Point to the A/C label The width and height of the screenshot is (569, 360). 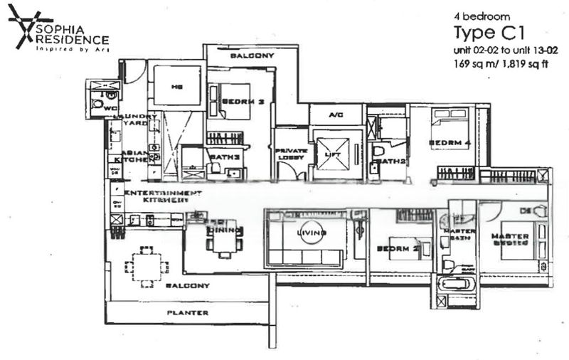click(x=336, y=114)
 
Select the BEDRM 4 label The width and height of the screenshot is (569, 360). click(x=446, y=143)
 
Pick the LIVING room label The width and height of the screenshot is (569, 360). click(x=312, y=232)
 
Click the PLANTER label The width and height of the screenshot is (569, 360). click(x=188, y=312)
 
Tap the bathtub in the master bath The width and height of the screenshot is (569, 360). click(x=453, y=283)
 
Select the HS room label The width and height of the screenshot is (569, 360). click(x=177, y=87)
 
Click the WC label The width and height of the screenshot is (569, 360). click(x=110, y=109)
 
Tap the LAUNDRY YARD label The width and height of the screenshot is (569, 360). click(x=139, y=119)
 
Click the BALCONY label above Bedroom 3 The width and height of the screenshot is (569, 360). click(x=252, y=55)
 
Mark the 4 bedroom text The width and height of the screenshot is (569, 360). click(x=478, y=16)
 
